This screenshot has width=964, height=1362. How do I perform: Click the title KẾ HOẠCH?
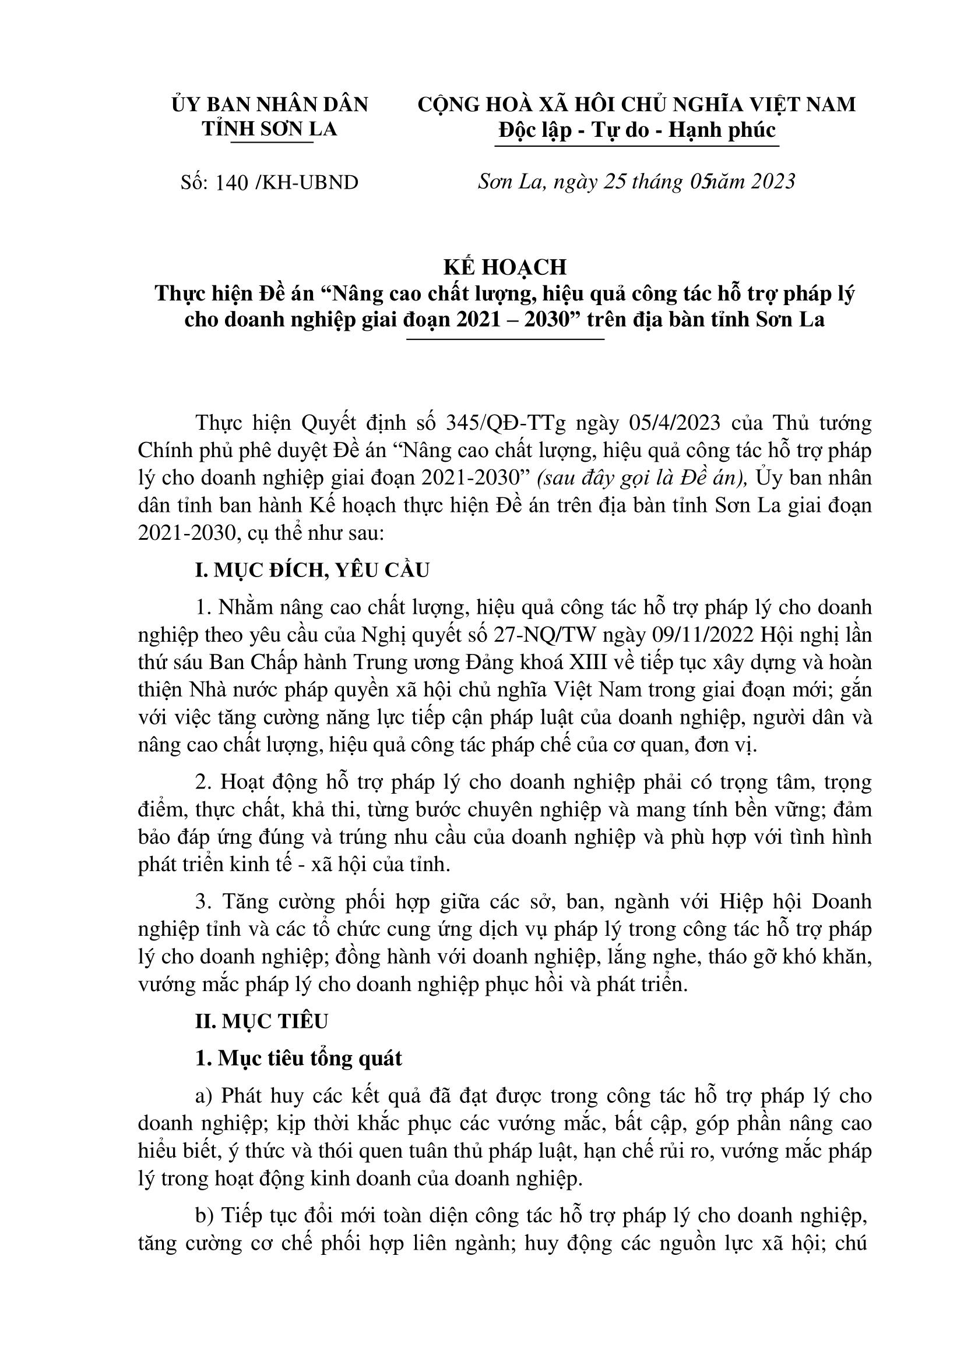[x=505, y=267]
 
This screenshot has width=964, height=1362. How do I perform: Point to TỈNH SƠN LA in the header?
[x=269, y=129]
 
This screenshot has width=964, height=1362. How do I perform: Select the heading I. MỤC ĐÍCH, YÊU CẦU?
[x=312, y=570]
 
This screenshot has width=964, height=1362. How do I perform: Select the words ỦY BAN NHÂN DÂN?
[x=269, y=104]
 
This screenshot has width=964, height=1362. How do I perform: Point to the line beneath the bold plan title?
[x=504, y=339]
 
